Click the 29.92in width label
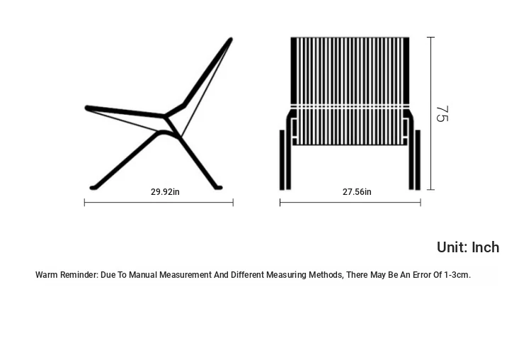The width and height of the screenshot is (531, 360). point(165,192)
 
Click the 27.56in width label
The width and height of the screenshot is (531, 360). point(357,192)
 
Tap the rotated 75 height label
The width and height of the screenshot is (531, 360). point(442,114)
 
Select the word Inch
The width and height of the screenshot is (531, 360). point(485,247)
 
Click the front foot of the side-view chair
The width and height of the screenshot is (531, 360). point(93,188)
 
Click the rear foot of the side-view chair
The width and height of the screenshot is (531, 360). point(218,188)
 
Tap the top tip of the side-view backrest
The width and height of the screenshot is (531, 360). point(231,39)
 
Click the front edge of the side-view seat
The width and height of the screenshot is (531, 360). point(87,108)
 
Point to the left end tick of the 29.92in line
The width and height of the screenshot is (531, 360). point(84,203)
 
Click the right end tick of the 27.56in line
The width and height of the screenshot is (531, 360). point(421,203)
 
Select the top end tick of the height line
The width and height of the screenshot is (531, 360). point(430,37)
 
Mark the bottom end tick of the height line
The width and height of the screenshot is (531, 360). point(430,189)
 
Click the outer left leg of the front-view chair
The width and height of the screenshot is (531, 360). point(282,159)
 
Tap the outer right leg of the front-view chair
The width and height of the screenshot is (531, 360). point(418,159)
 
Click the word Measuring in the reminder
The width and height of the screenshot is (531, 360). point(287,274)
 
